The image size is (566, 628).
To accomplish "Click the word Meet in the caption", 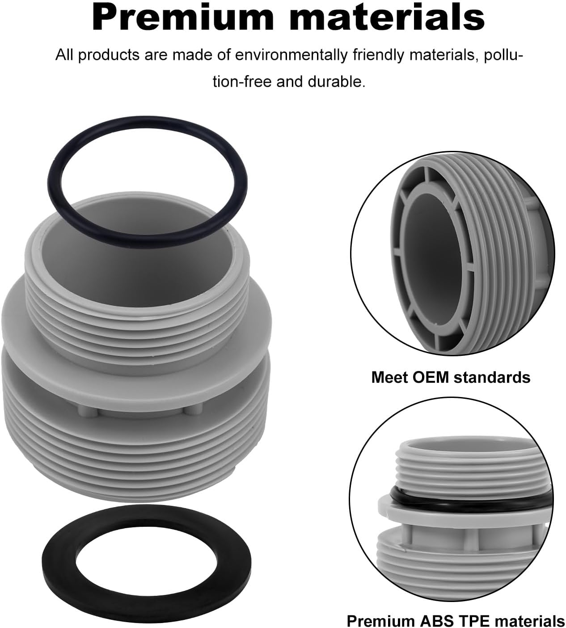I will pos(389,377).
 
